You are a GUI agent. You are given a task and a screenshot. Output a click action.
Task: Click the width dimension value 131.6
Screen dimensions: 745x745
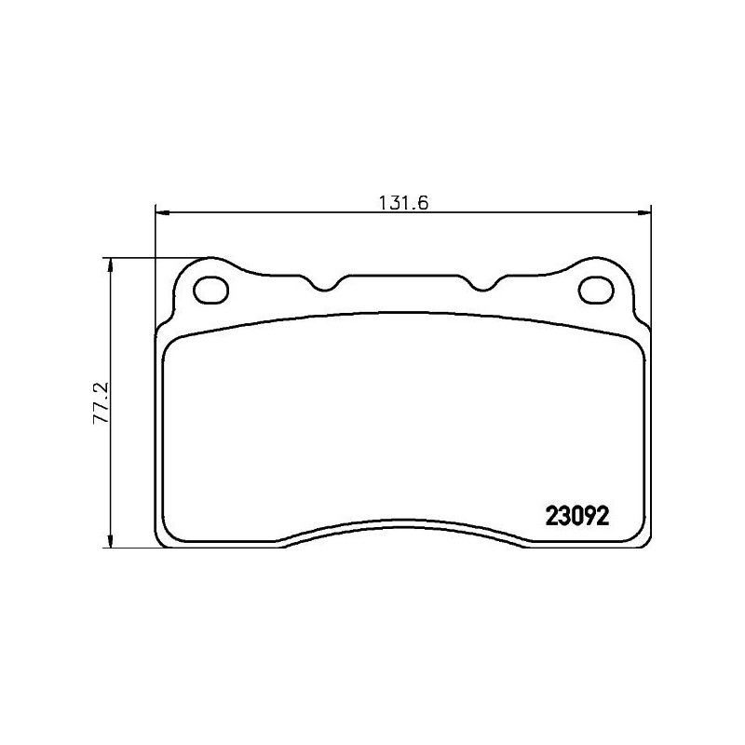402,204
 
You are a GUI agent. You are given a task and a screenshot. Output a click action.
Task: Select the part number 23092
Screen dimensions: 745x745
576,517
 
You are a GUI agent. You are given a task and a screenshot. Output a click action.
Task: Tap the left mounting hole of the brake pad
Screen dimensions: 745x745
210,290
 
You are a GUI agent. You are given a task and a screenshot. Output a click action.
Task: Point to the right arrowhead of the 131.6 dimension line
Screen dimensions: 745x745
645,213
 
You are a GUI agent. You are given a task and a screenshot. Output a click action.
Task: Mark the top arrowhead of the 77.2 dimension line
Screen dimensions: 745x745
112,264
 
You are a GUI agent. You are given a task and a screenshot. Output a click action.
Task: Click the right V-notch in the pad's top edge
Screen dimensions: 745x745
481,283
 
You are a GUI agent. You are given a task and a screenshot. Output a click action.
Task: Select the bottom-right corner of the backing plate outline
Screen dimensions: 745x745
645,541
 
